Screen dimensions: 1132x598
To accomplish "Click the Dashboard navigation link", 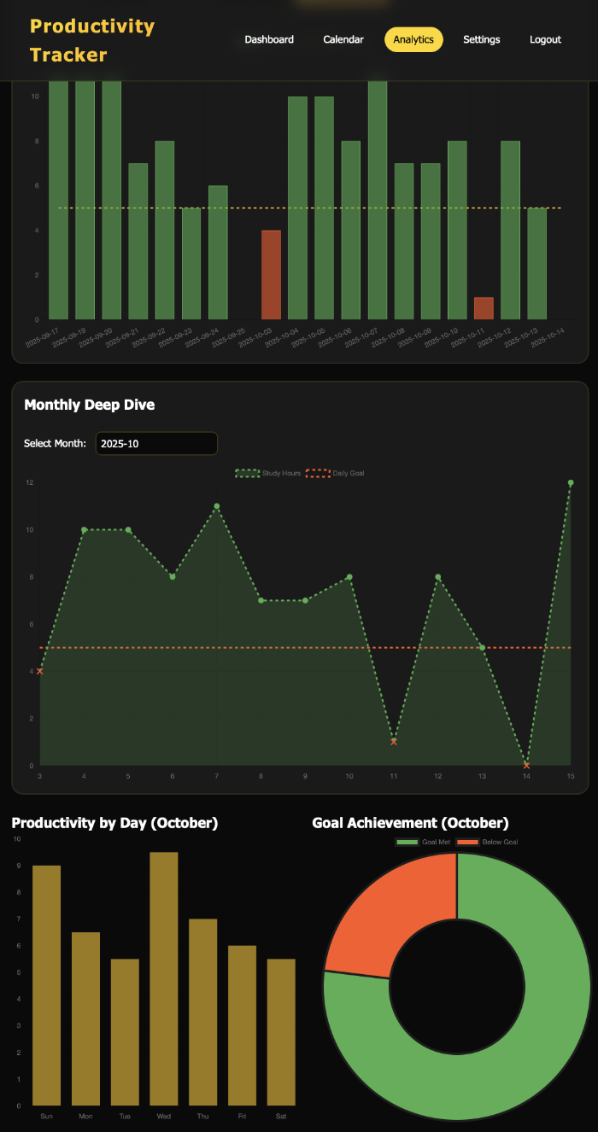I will click(x=269, y=39).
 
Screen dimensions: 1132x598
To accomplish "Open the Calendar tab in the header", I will click(x=343, y=39).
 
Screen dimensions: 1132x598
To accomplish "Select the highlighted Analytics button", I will click(x=413, y=39).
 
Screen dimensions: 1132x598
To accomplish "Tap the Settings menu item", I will click(x=482, y=39).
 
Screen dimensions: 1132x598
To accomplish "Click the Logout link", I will click(x=545, y=39).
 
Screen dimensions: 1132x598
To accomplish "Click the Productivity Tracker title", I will click(x=92, y=40).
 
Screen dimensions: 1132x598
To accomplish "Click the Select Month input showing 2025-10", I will click(x=156, y=443).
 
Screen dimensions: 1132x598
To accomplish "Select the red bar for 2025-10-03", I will click(x=271, y=274).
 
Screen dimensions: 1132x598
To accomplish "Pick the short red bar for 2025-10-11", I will click(x=484, y=308).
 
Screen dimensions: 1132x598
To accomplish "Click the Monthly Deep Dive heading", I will click(x=90, y=405).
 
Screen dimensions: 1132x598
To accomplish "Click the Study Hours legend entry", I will click(x=268, y=473).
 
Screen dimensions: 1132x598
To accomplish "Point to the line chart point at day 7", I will click(x=217, y=506).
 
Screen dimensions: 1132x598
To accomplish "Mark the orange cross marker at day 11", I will click(x=394, y=742).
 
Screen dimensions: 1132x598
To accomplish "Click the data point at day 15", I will click(x=570, y=483).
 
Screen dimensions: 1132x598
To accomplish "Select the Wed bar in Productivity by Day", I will click(x=164, y=978).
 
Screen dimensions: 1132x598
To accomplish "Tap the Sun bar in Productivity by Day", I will click(x=47, y=985).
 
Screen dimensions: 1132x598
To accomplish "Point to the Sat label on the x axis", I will click(x=281, y=1116).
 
